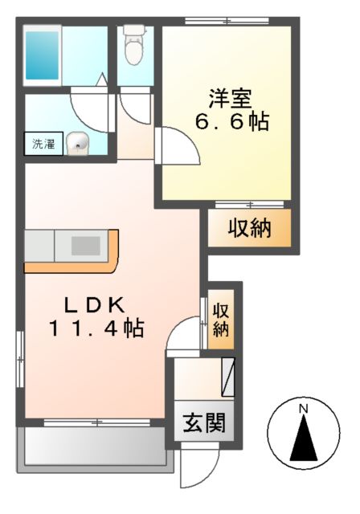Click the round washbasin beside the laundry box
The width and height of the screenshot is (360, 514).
click(x=78, y=145)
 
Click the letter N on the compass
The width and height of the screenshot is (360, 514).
click(x=304, y=410)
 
